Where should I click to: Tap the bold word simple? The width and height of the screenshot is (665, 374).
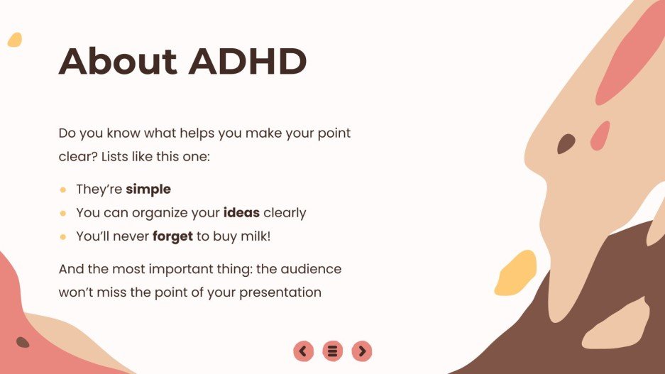point(148,189)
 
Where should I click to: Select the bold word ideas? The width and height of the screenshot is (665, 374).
point(241,213)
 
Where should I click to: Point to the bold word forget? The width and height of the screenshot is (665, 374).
point(172,236)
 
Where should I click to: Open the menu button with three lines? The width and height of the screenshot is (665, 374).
point(332,351)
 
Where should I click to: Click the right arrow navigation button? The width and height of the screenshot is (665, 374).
point(362,351)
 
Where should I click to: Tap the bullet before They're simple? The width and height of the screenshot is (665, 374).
point(63,190)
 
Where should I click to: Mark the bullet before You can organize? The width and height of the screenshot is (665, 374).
point(63,214)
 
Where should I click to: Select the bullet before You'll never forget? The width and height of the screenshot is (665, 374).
point(63,237)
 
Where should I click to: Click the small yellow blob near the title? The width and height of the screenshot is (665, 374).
point(15,40)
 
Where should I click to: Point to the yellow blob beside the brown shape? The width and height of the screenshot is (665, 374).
point(515,273)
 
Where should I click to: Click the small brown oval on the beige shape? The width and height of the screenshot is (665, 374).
point(566,144)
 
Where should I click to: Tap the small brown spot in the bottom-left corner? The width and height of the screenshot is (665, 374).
point(23,342)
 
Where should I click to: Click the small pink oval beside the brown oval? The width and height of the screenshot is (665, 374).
point(600,136)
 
